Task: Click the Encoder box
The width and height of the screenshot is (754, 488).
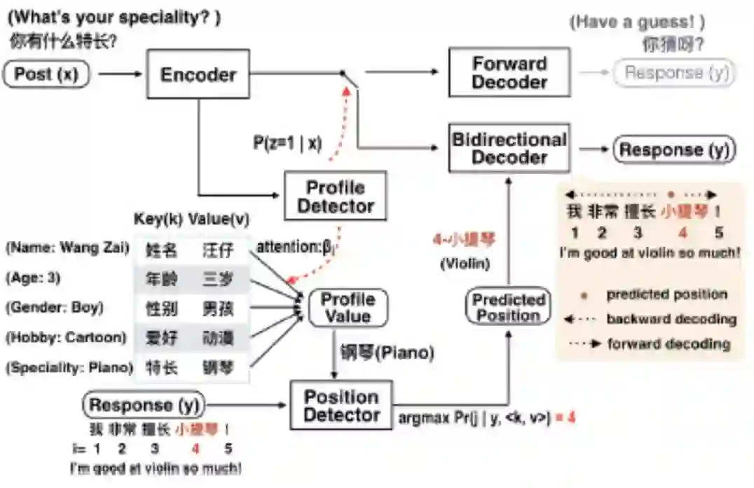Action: click(198, 74)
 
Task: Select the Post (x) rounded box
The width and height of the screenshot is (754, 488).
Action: click(47, 74)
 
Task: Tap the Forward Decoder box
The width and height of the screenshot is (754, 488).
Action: click(509, 72)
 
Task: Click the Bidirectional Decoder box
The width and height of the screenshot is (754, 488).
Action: click(509, 148)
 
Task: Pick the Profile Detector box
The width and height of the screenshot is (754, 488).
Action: click(335, 196)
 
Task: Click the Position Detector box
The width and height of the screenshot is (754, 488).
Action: click(341, 405)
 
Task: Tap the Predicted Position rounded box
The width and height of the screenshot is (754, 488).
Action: click(508, 307)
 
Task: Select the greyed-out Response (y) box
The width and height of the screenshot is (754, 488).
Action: click(673, 73)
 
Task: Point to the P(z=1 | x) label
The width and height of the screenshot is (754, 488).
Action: click(287, 143)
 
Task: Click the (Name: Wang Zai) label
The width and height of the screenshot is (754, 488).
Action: click(67, 248)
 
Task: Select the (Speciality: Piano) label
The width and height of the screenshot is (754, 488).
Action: click(69, 367)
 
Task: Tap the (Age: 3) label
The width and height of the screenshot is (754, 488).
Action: click(32, 278)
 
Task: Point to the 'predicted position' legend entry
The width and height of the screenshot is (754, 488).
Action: click(666, 294)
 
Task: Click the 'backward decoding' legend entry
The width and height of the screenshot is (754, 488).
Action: click(671, 319)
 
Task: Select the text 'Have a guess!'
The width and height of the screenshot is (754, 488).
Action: click(638, 22)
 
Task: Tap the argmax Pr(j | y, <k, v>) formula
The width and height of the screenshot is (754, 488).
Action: click(473, 418)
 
